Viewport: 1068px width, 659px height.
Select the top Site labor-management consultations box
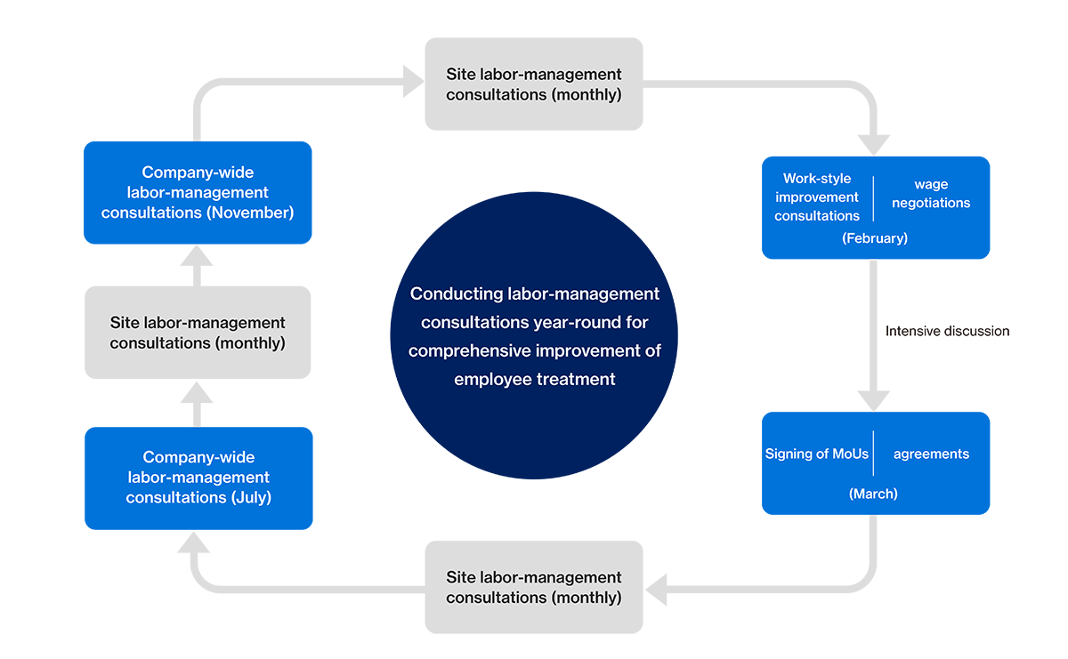coord(534,84)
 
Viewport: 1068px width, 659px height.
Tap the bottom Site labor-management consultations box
coord(534,587)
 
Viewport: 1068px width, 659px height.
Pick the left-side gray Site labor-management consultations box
coord(198,333)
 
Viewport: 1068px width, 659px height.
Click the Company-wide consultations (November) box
coord(198,192)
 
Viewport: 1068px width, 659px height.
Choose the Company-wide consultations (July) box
coord(198,478)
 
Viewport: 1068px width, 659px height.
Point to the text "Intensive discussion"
coord(947,331)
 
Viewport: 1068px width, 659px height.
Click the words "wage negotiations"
coord(931,194)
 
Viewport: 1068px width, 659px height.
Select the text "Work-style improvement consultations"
coord(817,197)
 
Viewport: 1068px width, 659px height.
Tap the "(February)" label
coord(875,238)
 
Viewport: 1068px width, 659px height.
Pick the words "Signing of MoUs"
coord(817,454)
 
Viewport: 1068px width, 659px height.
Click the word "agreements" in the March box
coord(931,454)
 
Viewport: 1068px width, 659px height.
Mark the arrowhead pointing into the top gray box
coord(413,84)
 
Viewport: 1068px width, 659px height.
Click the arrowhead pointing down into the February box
coord(875,145)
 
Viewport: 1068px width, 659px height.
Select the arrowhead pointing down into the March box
coord(875,400)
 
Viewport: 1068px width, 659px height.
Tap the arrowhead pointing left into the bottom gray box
coord(657,588)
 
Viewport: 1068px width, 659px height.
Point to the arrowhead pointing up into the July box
coord(197,542)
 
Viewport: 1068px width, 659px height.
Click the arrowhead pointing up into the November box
coord(197,256)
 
